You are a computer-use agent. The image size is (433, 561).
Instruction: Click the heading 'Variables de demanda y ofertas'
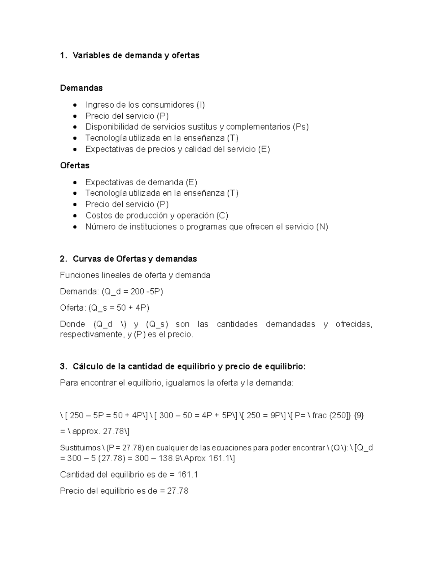[136, 55]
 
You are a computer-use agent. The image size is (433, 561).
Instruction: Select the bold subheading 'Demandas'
[81, 88]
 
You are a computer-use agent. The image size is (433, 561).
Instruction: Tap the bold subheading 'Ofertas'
[75, 165]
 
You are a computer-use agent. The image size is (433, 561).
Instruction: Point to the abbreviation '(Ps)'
[301, 127]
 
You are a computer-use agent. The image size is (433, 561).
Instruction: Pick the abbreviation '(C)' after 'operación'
[222, 216]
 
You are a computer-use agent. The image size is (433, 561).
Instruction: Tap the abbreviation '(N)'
[322, 227]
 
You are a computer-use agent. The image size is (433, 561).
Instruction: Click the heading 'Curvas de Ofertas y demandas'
[135, 259]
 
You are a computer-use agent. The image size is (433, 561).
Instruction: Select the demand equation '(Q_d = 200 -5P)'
[132, 292]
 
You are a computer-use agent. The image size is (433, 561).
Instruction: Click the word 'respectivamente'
[91, 335]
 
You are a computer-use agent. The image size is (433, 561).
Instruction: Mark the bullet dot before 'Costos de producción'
[75, 216]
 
